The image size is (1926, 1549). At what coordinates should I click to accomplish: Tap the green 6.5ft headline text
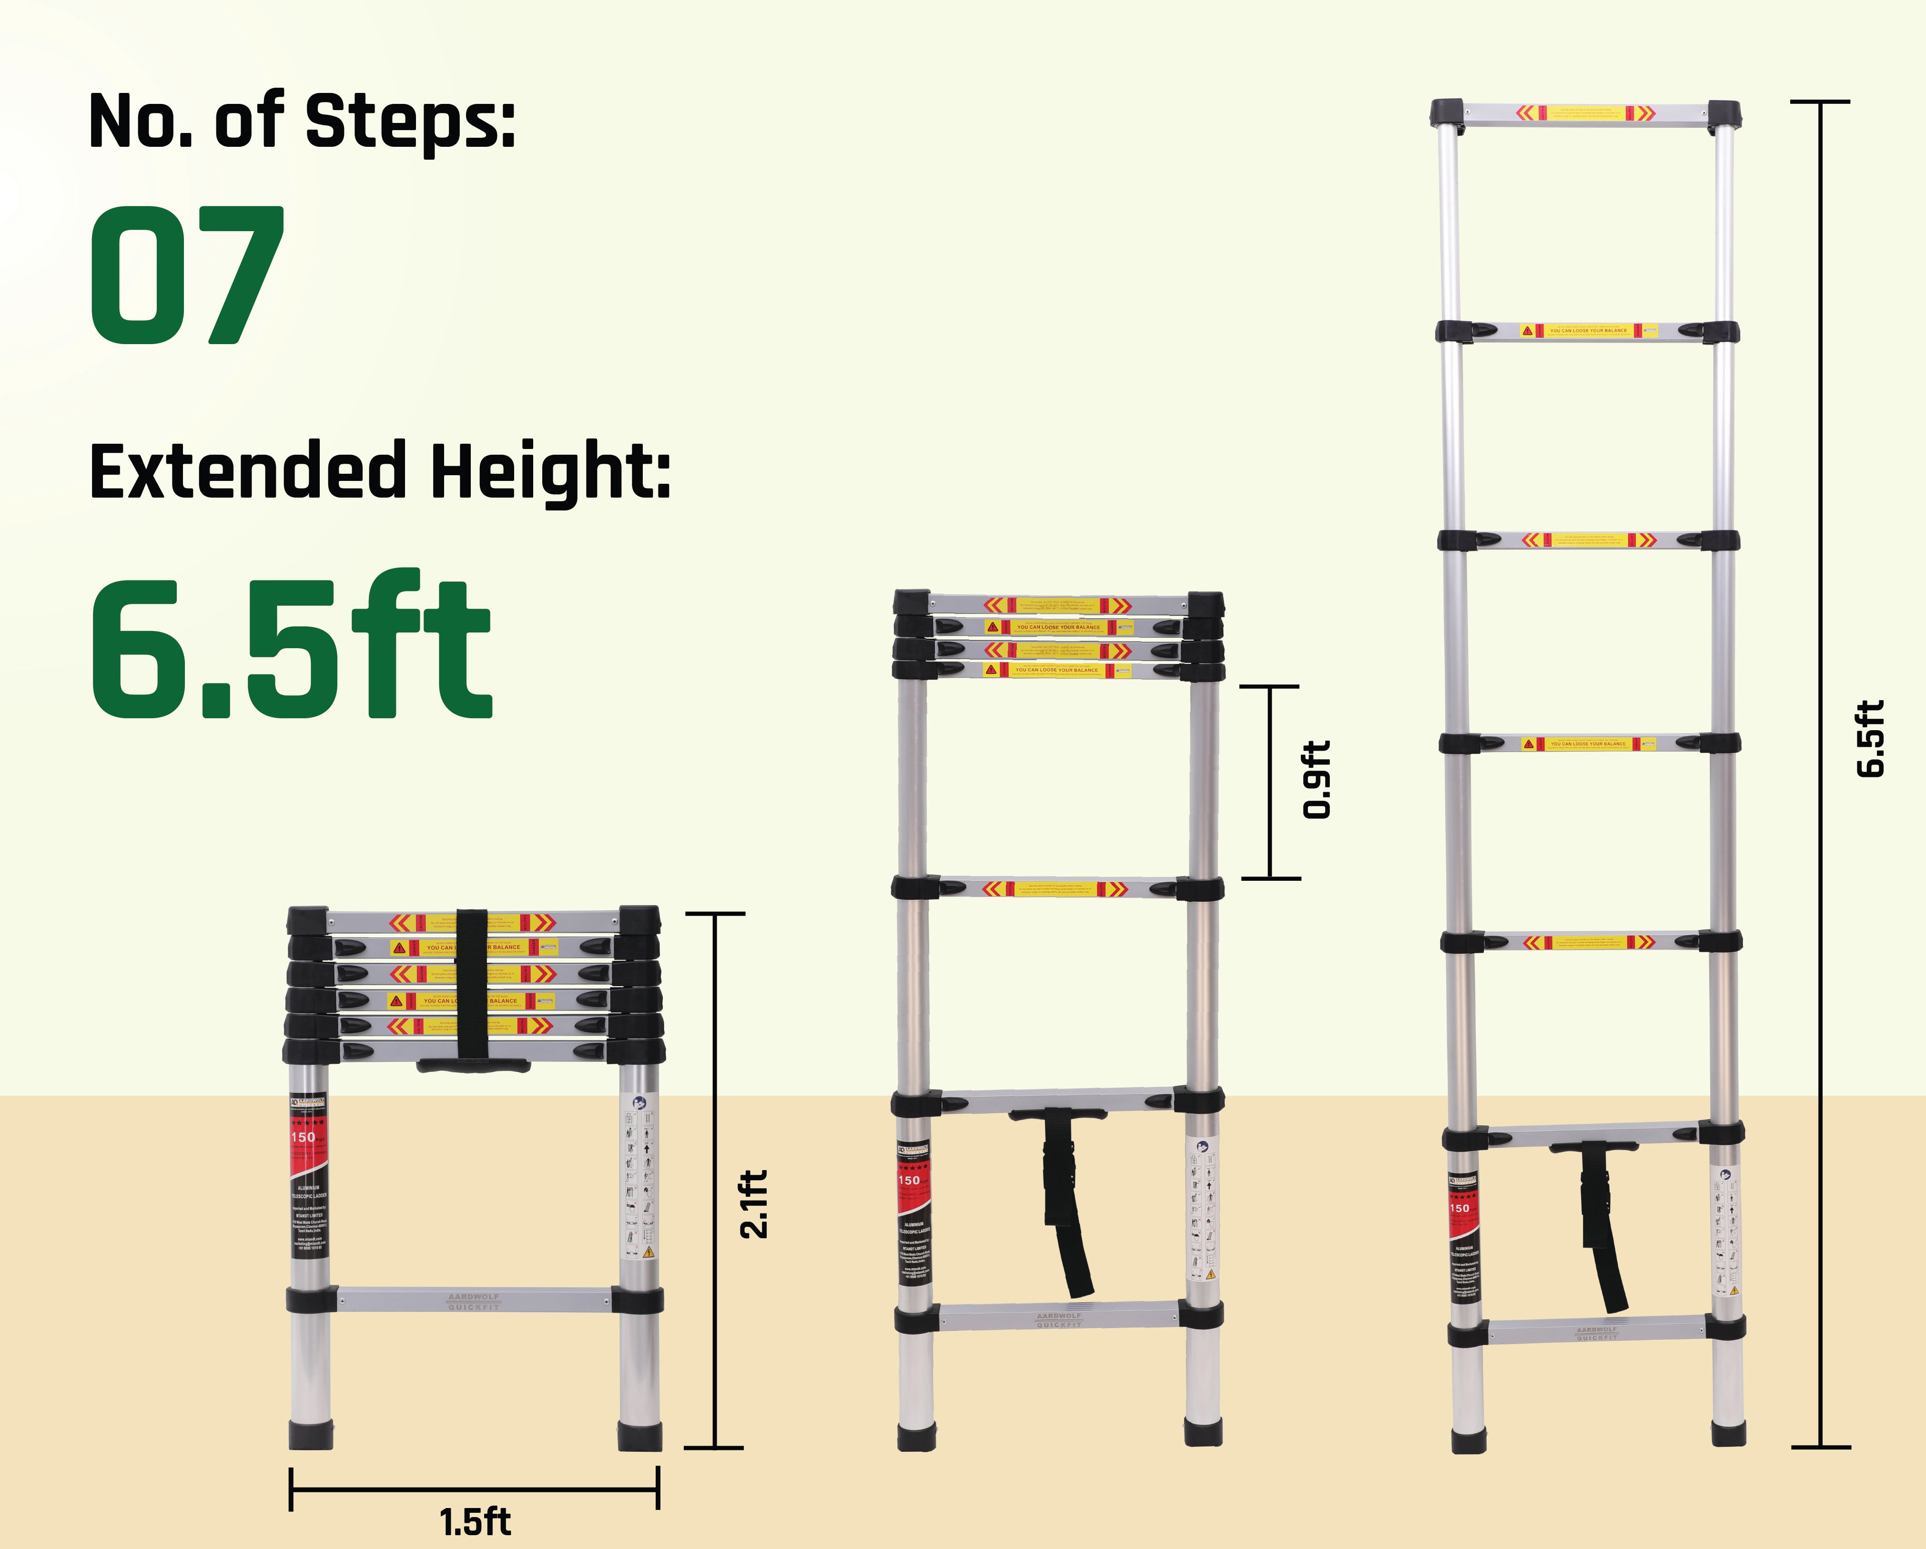pyautogui.click(x=290, y=648)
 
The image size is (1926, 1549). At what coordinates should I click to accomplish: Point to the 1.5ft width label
pyautogui.click(x=475, y=1521)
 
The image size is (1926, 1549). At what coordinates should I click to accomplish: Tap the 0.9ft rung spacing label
pyautogui.click(x=1316, y=779)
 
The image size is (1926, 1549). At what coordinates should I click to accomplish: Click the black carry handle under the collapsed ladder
pyautogui.click(x=474, y=1065)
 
